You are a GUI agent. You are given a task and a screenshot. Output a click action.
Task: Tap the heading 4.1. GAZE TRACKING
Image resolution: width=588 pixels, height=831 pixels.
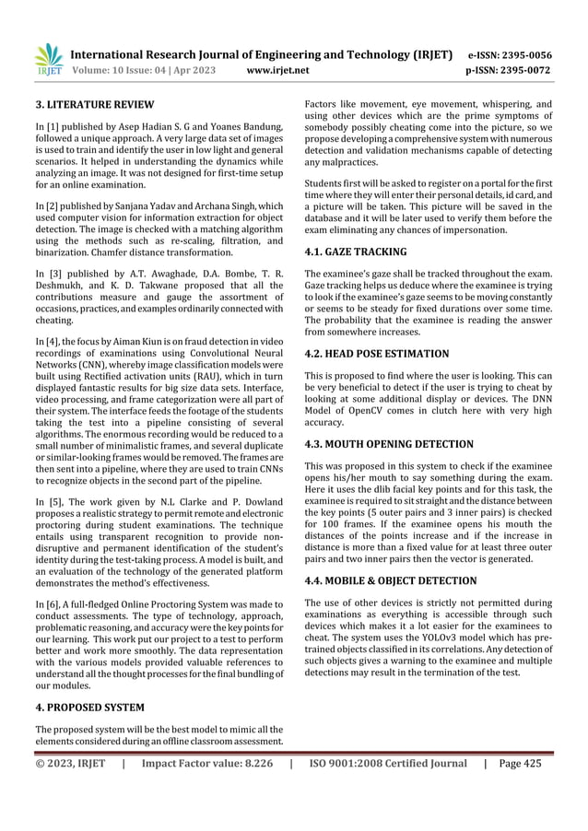click(355, 252)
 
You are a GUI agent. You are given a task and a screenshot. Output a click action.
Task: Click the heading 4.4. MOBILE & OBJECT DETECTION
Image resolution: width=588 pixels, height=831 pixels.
click(391, 580)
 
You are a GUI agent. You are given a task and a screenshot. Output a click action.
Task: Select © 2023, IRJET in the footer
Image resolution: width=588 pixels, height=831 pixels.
click(70, 763)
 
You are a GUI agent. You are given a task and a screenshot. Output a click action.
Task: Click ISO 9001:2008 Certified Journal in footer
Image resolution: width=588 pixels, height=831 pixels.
click(388, 763)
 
